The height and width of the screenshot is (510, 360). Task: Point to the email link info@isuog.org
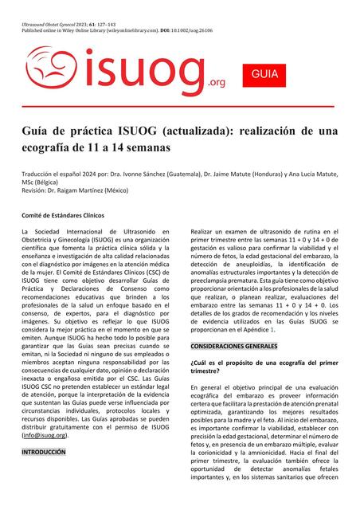(x=44, y=435)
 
